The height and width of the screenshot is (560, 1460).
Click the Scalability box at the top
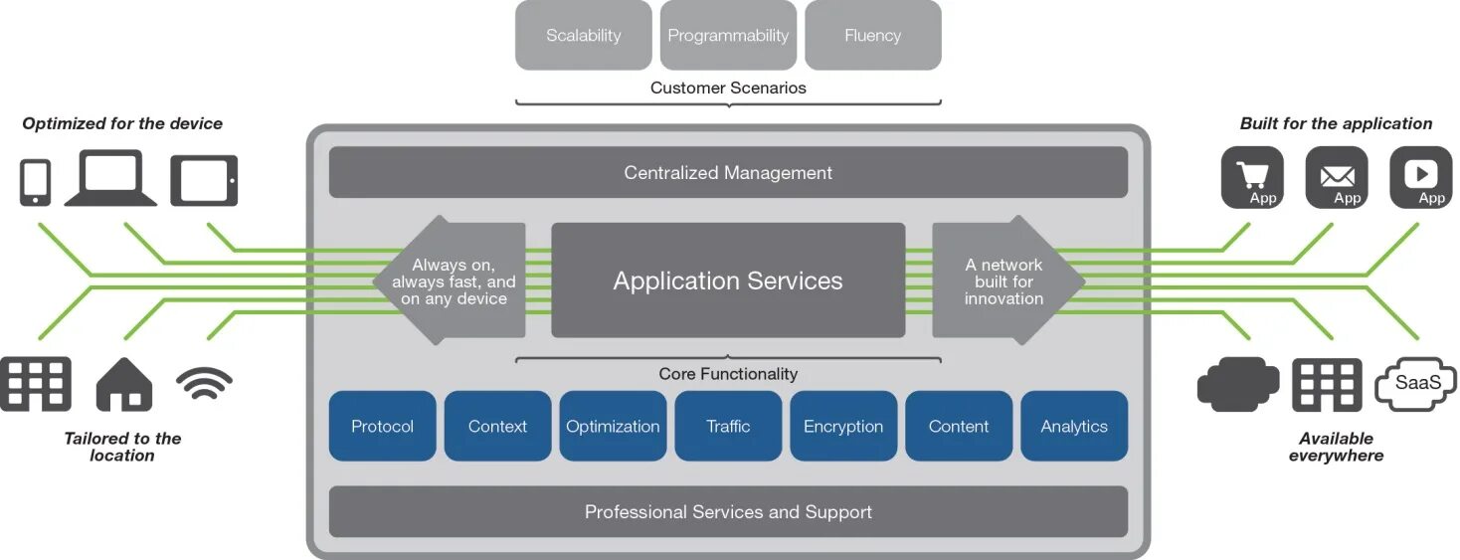pyautogui.click(x=584, y=36)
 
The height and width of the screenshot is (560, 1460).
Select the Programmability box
pyautogui.click(x=728, y=36)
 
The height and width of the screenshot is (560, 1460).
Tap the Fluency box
pyautogui.click(x=872, y=36)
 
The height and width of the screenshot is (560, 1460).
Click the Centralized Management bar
pyautogui.click(x=728, y=173)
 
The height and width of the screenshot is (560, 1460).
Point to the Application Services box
pyautogui.click(x=728, y=280)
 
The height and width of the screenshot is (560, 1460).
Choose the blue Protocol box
pyautogui.click(x=382, y=426)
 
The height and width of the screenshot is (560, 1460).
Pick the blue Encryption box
pyautogui.click(x=843, y=426)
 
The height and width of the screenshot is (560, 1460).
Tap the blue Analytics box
pyautogui.click(x=1074, y=426)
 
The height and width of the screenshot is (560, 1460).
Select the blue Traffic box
pyautogui.click(x=728, y=426)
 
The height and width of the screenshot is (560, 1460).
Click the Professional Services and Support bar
pyautogui.click(x=728, y=512)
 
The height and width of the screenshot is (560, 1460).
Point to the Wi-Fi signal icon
pyautogui.click(x=204, y=383)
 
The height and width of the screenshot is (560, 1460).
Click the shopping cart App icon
pyautogui.click(x=1252, y=178)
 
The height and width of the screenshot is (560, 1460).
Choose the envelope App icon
pyautogui.click(x=1337, y=178)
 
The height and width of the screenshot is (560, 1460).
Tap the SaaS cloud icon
pyautogui.click(x=1415, y=383)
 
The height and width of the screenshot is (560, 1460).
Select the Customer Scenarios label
pyautogui.click(x=728, y=88)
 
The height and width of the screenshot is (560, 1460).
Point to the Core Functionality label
pyautogui.click(x=728, y=374)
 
